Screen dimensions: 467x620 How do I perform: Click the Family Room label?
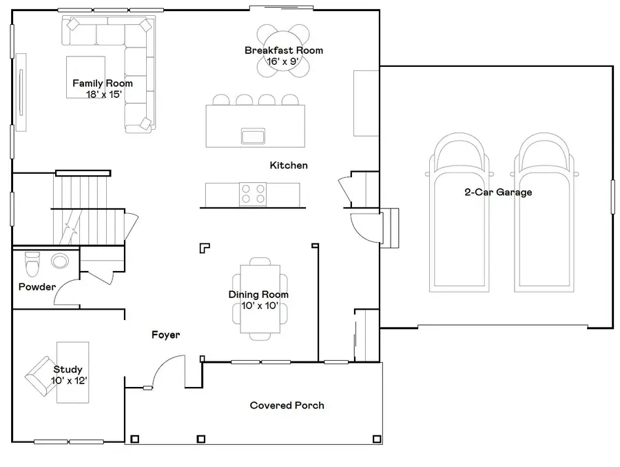(x=103, y=83)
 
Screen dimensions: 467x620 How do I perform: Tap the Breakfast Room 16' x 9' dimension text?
(x=283, y=61)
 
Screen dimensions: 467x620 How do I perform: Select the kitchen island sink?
(x=253, y=135)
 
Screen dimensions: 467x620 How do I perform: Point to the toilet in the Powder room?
(x=32, y=264)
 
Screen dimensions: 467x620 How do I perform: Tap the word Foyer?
(x=165, y=335)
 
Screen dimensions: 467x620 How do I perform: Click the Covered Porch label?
(x=287, y=405)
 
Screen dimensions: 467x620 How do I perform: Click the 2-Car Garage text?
(x=497, y=192)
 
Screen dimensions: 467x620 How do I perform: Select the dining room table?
(x=260, y=295)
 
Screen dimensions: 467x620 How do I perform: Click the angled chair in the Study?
(x=42, y=378)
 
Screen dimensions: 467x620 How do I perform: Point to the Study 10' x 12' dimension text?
(x=69, y=381)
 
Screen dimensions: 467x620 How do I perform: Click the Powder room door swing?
(x=66, y=292)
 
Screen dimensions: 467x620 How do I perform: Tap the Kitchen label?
(x=289, y=166)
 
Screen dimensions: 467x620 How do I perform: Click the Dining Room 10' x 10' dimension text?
(x=259, y=306)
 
